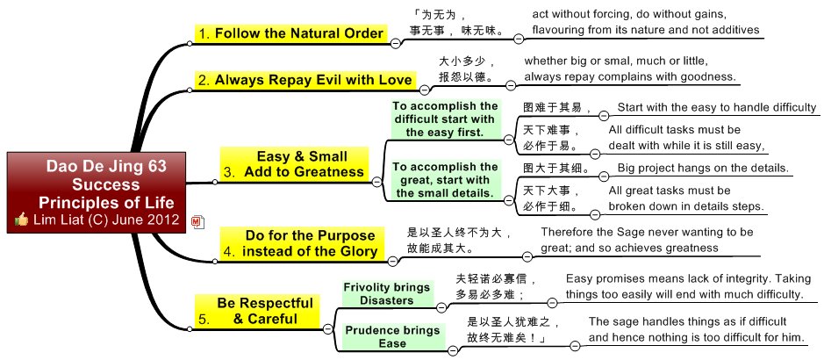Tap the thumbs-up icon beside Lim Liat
point(22,220)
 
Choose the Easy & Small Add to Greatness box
point(294,164)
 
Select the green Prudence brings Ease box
point(392,337)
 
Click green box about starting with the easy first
point(444,119)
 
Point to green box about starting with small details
point(444,179)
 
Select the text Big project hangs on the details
point(702,168)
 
